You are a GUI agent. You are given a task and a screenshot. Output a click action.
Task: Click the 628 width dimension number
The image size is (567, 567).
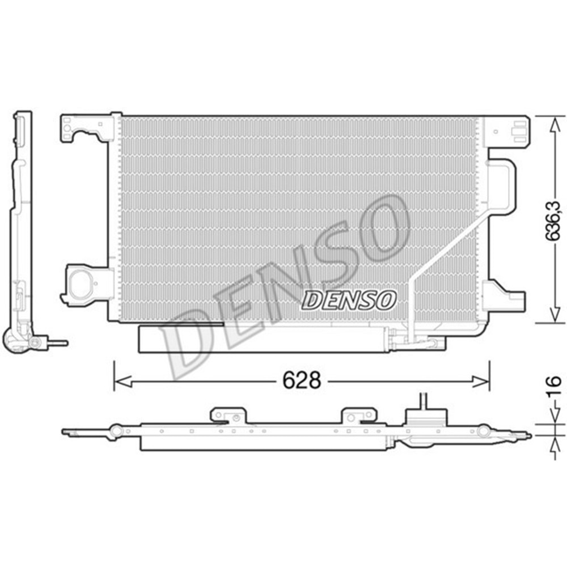pyautogui.click(x=302, y=380)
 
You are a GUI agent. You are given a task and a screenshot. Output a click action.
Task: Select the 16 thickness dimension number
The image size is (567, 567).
pyautogui.click(x=556, y=384)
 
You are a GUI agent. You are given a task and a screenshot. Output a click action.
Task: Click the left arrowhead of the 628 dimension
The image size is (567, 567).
pyautogui.click(x=119, y=381)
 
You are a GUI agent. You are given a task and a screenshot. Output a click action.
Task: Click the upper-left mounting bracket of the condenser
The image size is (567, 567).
pyautogui.click(x=85, y=128)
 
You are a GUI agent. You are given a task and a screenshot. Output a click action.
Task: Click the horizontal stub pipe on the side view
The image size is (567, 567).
pyautogui.click(x=58, y=343)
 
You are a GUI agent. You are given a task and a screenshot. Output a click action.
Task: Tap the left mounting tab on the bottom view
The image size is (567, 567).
pyautogui.click(x=228, y=416)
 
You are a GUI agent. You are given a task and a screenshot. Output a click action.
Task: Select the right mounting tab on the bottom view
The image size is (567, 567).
pyautogui.click(x=358, y=416)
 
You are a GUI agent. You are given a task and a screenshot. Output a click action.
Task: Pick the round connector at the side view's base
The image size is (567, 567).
pyautogui.click(x=35, y=342)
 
